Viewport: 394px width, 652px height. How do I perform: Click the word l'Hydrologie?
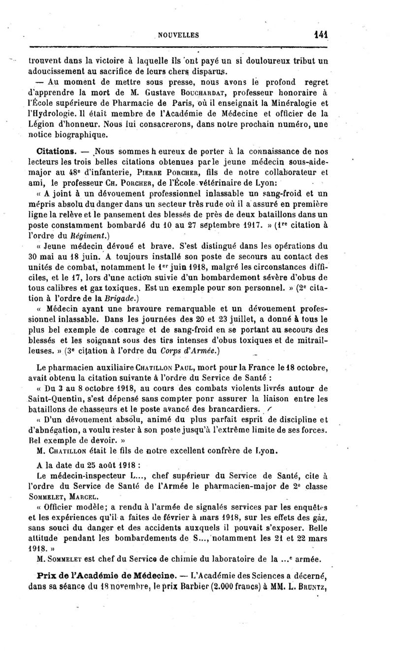coord(55,113)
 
